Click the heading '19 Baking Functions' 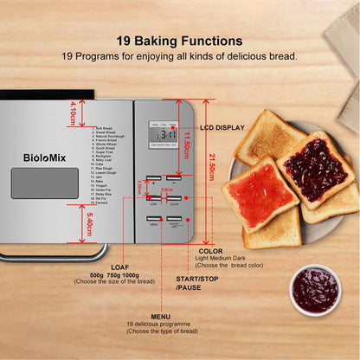tap(179, 40)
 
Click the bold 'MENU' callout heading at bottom tap(161, 317)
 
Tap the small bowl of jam tap(315, 289)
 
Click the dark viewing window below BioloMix tap(39, 183)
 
